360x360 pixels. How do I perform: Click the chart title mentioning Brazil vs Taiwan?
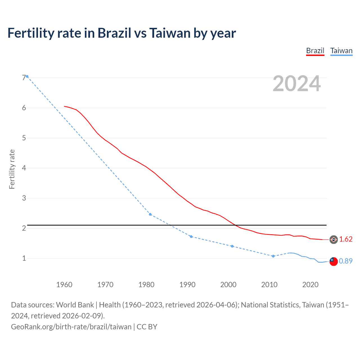121,33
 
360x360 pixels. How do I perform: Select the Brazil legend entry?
315,51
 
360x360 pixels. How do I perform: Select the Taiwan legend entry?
341,51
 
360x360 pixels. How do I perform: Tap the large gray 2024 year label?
296,84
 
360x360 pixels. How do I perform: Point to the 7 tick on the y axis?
24,78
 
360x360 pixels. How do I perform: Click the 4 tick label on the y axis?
24,168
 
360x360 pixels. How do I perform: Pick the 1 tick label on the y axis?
24,258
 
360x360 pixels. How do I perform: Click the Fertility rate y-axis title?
12,169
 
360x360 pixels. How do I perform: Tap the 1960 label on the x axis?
64,285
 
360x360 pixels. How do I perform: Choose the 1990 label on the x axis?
187,285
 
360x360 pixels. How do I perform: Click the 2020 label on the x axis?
310,285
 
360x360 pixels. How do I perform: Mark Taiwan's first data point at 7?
27,76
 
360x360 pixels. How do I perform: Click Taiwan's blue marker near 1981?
150,214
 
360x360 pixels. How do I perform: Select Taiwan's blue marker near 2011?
273,256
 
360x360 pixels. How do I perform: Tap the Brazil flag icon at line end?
334,240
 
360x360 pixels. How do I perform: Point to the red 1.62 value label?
346,239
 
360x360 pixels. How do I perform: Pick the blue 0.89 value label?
346,261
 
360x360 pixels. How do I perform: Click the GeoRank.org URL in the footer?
71,327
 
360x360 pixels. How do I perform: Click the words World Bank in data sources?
75,305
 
